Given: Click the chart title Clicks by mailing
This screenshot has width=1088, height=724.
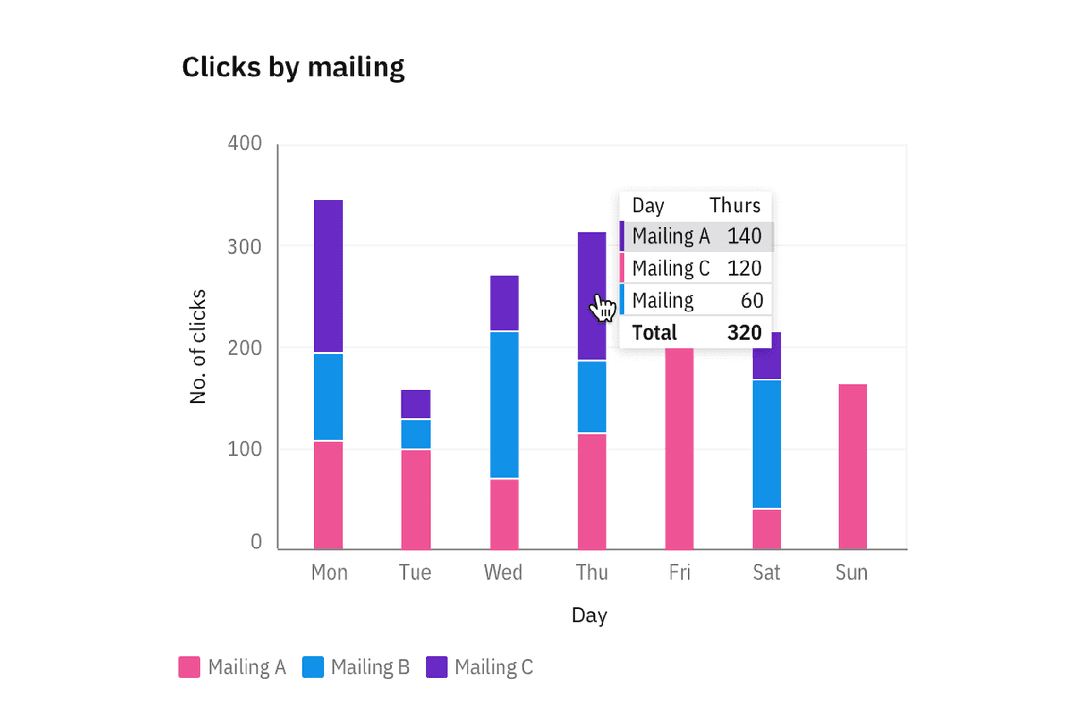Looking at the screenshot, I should (293, 68).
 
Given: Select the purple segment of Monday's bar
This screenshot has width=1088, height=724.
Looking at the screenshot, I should (328, 276).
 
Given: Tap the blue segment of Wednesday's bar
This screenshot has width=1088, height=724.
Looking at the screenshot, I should (504, 404).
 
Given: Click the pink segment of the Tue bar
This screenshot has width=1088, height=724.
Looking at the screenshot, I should (416, 499).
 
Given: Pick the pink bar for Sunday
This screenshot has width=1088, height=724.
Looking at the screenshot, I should (851, 466).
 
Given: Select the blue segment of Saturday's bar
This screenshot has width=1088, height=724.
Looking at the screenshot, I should (766, 444).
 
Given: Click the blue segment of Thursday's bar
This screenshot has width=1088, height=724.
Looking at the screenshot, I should (592, 396).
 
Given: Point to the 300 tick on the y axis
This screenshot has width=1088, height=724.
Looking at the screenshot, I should (245, 246).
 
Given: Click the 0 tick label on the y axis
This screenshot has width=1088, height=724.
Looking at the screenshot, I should (256, 543).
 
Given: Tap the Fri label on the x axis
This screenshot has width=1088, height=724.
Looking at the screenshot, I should (679, 573).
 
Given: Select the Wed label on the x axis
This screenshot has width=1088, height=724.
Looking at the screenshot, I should (503, 573).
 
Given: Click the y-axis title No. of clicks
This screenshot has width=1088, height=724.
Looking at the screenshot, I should (198, 346).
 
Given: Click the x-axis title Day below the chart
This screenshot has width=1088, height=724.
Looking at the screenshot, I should (589, 615).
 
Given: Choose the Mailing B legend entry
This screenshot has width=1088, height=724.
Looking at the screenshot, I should (356, 667).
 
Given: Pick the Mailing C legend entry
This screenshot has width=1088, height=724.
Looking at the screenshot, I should (480, 667).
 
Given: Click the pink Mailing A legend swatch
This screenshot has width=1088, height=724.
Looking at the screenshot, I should (190, 667).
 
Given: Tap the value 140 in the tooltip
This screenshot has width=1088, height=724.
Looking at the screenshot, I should (744, 236).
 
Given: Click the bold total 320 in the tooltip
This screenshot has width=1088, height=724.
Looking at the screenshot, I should (744, 332).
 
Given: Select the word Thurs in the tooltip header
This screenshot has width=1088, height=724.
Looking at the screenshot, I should (735, 206).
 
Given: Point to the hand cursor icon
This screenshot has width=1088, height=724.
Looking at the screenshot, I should (603, 308).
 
